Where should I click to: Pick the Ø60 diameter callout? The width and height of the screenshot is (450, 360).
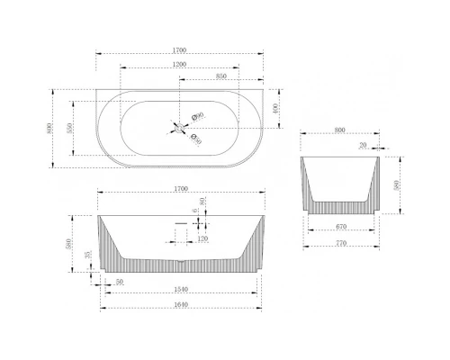(x=200, y=115)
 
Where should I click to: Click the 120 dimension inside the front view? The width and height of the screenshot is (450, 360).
(x=202, y=239)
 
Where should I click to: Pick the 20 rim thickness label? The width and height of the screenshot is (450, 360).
(x=363, y=144)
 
